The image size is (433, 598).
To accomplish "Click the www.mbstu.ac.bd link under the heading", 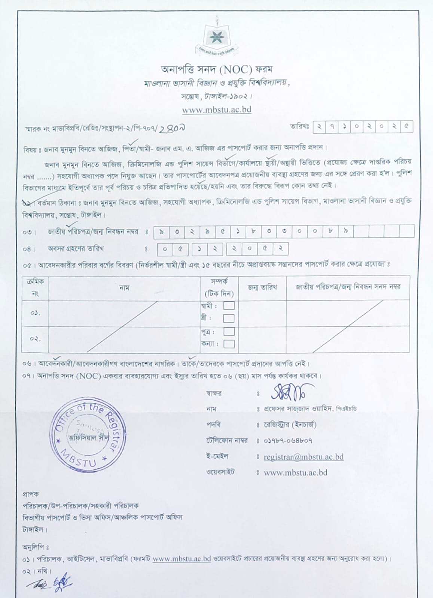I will pos(216,110).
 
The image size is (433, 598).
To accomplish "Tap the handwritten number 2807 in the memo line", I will pos(173,128).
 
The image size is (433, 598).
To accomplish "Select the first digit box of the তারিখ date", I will pos(319,127).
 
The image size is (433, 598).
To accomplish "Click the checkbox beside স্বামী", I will pos(229,306).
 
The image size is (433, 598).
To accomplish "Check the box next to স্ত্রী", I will pos(229,318).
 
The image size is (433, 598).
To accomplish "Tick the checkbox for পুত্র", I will pos(229,332).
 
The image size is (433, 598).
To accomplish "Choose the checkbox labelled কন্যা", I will pos(229,344).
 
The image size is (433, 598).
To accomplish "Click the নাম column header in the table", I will pos(124,288).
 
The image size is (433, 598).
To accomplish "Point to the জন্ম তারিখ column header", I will pos(262,287).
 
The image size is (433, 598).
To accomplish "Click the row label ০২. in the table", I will pos(35,339).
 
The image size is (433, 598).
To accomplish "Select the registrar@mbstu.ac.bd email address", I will pos(304,457).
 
